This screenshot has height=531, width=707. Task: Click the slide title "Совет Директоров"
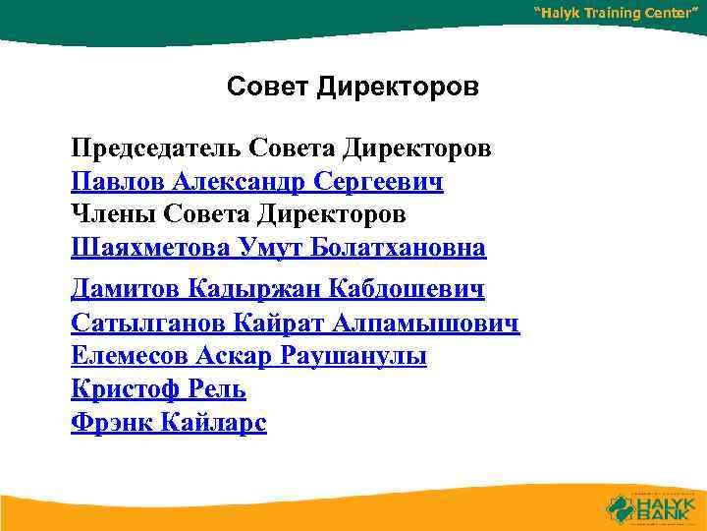tap(353, 88)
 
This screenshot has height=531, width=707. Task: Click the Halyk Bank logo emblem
tap(623, 507)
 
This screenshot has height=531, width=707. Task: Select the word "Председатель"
tap(157, 148)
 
